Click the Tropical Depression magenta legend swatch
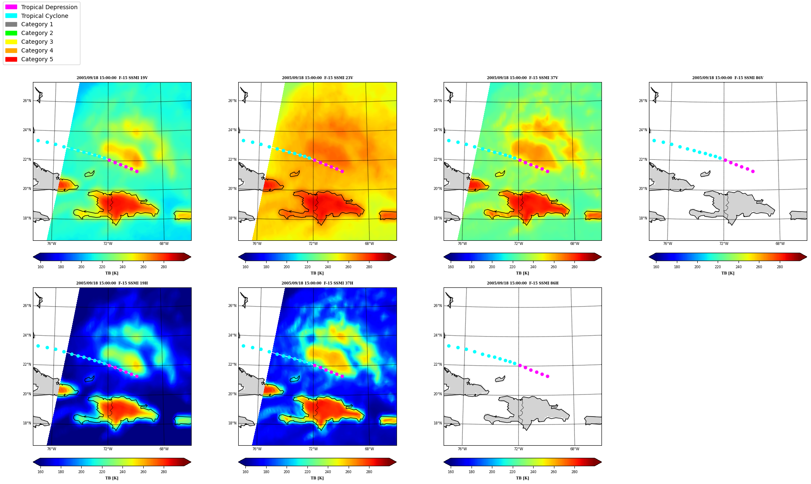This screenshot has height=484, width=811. pyautogui.click(x=11, y=7)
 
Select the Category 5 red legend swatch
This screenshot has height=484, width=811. pyautogui.click(x=11, y=59)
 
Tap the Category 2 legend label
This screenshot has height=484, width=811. pyautogui.click(x=37, y=33)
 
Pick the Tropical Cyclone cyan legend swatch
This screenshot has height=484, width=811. pyautogui.click(x=11, y=16)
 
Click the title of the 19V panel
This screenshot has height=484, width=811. pyautogui.click(x=112, y=78)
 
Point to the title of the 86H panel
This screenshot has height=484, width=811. pyautogui.click(x=523, y=283)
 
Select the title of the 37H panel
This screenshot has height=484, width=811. pyautogui.click(x=317, y=283)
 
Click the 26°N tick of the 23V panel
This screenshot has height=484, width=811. pyautogui.click(x=232, y=101)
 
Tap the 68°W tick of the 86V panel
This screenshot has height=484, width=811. pyautogui.click(x=780, y=244)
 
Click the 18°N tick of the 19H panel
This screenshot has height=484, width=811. pyautogui.click(x=27, y=423)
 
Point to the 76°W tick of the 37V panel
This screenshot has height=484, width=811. pyautogui.click(x=462, y=244)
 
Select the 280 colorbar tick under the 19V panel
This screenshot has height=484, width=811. pyautogui.click(x=164, y=267)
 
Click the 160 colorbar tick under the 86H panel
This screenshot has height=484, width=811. pyautogui.click(x=451, y=472)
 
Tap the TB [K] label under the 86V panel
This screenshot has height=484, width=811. pyautogui.click(x=728, y=273)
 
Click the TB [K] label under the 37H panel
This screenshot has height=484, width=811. pyautogui.click(x=317, y=478)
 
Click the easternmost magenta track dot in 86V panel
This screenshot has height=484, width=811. pyautogui.click(x=753, y=171)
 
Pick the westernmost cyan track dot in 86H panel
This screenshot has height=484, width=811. pyautogui.click(x=449, y=346)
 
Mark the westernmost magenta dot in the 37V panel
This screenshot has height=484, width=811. pyautogui.click(x=520, y=160)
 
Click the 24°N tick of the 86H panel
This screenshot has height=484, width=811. pyautogui.click(x=437, y=335)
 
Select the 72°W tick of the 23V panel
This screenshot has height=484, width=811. pyautogui.click(x=313, y=244)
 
